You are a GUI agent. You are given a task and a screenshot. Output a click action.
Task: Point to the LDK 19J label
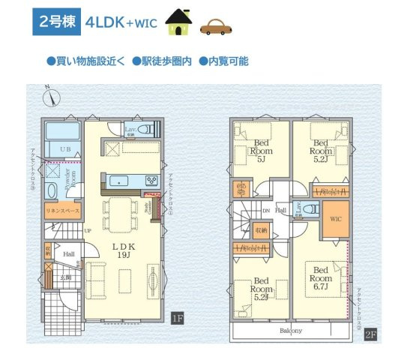pyautogui.click(x=124, y=250)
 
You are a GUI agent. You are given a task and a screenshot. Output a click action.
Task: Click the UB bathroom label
pyautogui.click(x=64, y=150)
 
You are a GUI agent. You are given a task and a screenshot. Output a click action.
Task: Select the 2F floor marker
pyautogui.click(x=370, y=334)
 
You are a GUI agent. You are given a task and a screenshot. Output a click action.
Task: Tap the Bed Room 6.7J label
pyautogui.click(x=322, y=276)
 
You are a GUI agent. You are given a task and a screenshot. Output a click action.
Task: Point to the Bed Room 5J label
pyautogui.click(x=261, y=151)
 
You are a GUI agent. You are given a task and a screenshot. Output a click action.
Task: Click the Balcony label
pyautogui.click(x=291, y=331)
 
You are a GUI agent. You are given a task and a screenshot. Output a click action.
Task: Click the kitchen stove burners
pyautogui.click(x=151, y=180)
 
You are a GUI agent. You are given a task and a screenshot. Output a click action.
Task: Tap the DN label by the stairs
pyautogui.click(x=265, y=211)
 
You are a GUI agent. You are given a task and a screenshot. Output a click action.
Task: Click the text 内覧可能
pyautogui.click(x=228, y=61)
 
